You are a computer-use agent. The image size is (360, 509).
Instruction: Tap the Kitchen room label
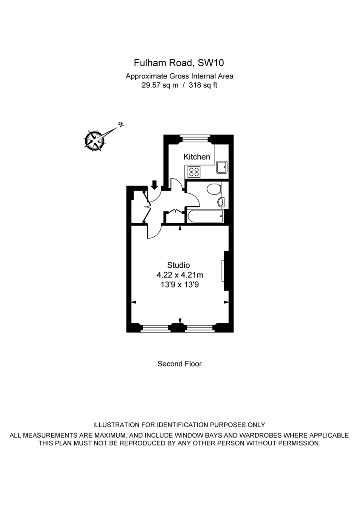pos(197,157)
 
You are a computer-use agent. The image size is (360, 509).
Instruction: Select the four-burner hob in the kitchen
pos(194,172)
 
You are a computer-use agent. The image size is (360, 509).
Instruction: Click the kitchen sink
pos(222,168)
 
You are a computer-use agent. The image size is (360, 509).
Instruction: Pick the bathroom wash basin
pos(221,201)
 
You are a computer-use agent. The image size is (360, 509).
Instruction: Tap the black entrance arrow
pos(154,185)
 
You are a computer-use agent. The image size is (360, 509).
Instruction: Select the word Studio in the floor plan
pos(178,265)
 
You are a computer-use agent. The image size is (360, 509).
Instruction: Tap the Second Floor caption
pos(180,364)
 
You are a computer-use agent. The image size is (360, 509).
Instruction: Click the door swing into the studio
pos(154,232)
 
